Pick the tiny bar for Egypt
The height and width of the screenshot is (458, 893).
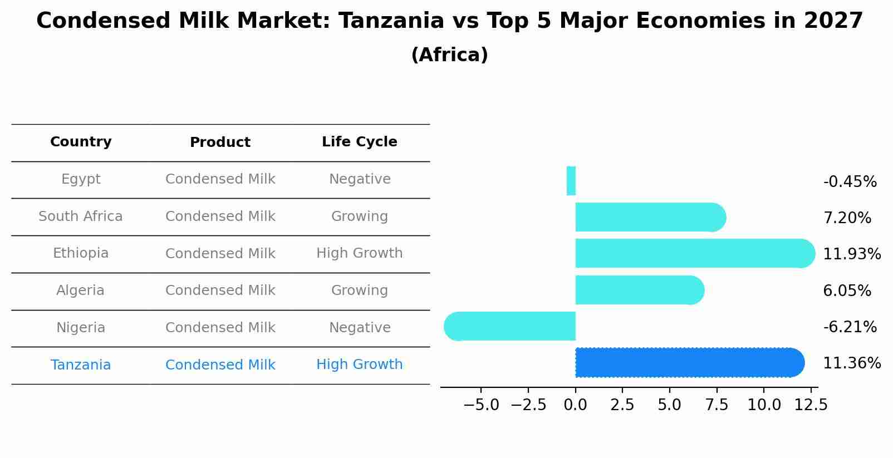point(571,181)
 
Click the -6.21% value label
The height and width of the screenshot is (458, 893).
point(850,327)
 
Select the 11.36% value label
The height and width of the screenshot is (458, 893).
point(852,363)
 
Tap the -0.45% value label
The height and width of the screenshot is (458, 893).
point(850,182)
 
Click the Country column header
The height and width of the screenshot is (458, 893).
point(81,142)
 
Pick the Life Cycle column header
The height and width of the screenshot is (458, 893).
point(360,142)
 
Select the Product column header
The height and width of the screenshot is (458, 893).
point(220,142)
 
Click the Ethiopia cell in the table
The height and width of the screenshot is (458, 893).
point(81,253)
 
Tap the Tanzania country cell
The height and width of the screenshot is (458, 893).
point(81,365)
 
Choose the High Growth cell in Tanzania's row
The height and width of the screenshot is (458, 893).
point(360,365)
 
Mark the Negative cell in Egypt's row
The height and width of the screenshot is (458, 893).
point(360,179)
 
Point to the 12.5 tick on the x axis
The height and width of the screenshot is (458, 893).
point(811,405)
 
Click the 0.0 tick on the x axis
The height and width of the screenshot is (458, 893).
point(575,405)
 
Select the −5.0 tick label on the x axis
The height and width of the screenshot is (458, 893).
point(481,405)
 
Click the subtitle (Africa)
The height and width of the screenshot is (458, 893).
point(449,55)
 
